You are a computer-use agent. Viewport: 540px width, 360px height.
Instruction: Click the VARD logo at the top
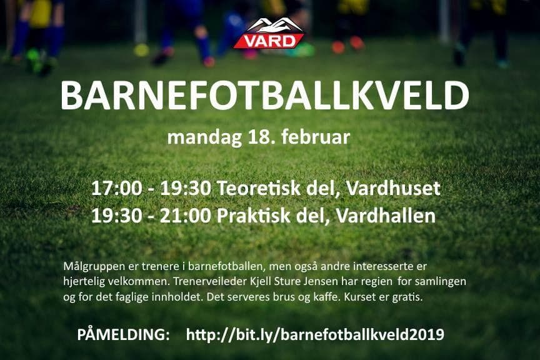coord(269,33)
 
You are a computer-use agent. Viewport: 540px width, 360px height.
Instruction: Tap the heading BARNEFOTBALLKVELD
coord(265,96)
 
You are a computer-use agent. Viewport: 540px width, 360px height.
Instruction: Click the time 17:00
coord(117,189)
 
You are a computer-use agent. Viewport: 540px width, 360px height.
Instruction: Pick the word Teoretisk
coord(259,189)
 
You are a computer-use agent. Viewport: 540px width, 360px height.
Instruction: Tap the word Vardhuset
coord(393,189)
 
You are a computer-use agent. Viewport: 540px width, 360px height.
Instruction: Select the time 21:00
coord(186,216)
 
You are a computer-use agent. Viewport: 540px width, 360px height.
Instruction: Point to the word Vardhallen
coord(386,216)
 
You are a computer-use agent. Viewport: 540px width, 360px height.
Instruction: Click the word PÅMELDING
coord(123,334)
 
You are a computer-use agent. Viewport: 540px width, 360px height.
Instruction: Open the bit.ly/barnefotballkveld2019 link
coord(315,334)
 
